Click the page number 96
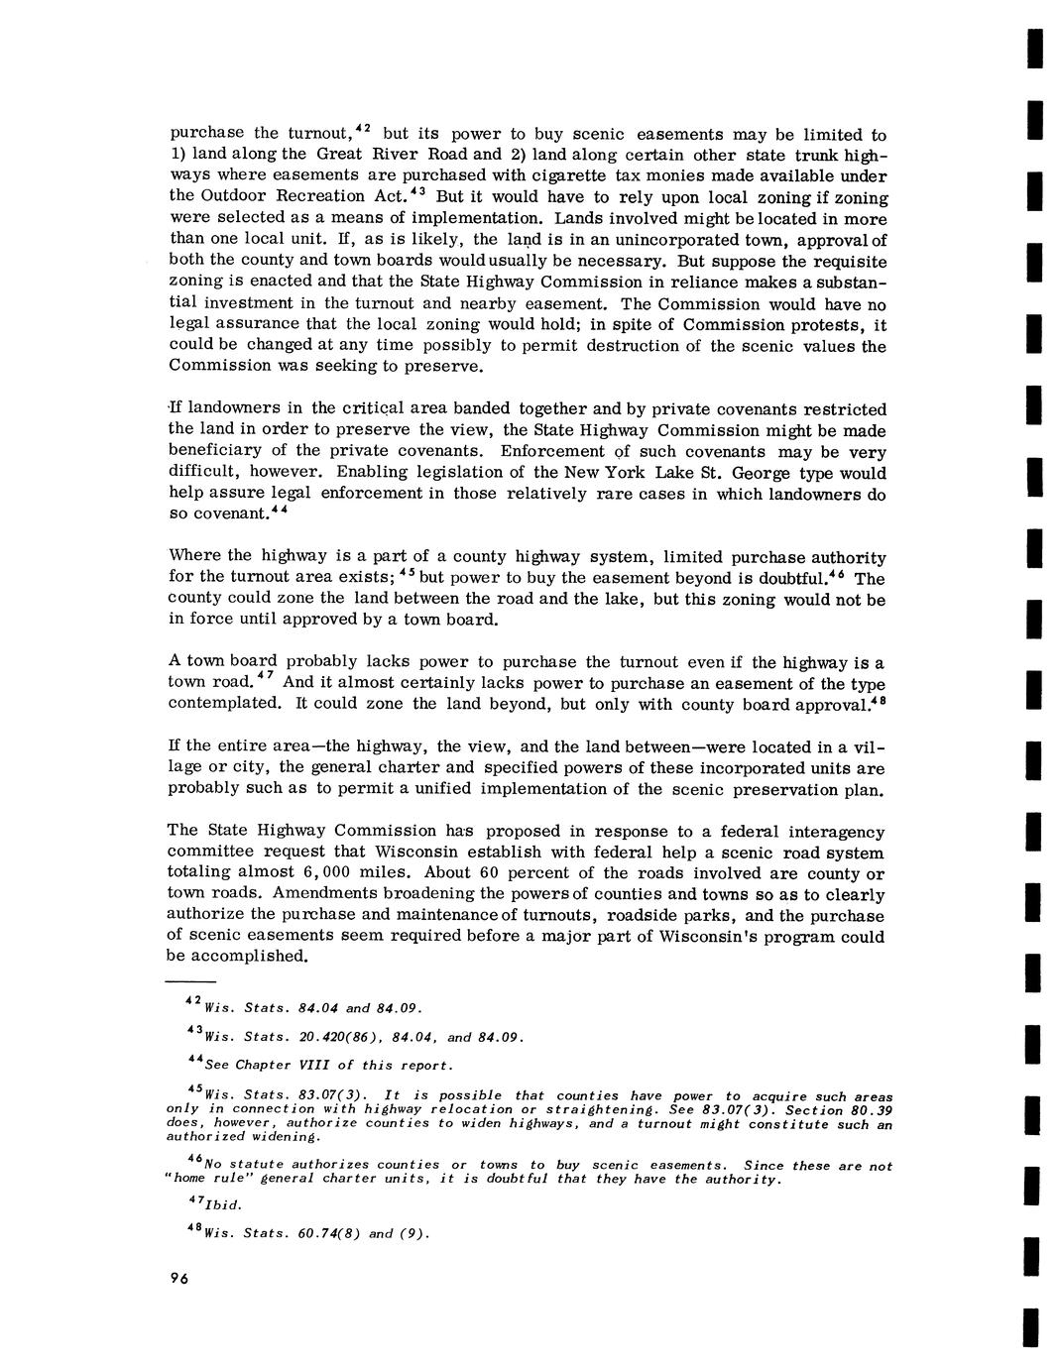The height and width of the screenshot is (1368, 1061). [x=178, y=1278]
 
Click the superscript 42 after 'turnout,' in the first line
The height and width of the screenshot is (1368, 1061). [x=363, y=128]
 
